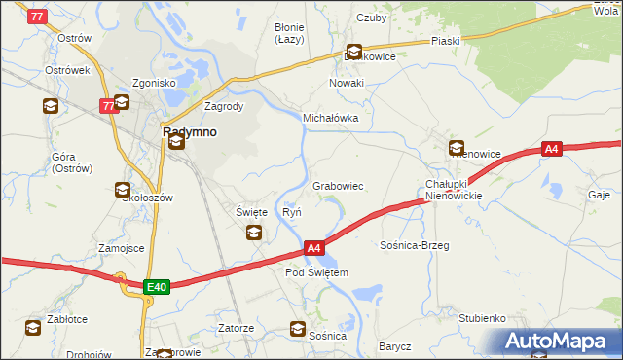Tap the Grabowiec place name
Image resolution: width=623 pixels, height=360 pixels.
pyautogui.click(x=338, y=185)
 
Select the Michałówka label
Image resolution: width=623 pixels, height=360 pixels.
pyautogui.click(x=331, y=118)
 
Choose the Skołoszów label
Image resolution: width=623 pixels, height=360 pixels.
pyautogui.click(x=147, y=198)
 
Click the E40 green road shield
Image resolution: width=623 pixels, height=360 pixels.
pyautogui.click(x=157, y=286)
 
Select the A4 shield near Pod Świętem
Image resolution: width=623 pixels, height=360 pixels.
pyautogui.click(x=313, y=249)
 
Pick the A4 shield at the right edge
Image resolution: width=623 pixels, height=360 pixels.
pyautogui.click(x=552, y=149)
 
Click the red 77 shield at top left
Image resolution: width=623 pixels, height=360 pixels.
pyautogui.click(x=38, y=17)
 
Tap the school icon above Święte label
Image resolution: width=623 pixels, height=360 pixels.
pyautogui.click(x=254, y=232)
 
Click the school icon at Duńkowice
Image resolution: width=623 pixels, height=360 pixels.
pyautogui.click(x=354, y=53)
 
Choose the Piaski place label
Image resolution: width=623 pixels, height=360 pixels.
pyautogui.click(x=445, y=42)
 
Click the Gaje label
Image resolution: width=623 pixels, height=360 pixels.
pyautogui.click(x=599, y=195)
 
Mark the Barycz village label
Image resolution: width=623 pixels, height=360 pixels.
pyautogui.click(x=395, y=346)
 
